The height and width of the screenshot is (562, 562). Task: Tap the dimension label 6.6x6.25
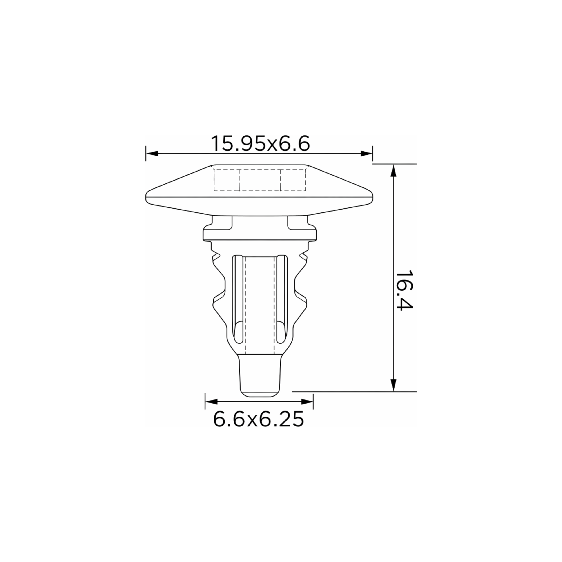(259, 419)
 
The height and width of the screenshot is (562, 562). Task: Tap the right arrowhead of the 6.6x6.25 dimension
(307, 402)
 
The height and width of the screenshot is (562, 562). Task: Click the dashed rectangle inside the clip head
(260, 180)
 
